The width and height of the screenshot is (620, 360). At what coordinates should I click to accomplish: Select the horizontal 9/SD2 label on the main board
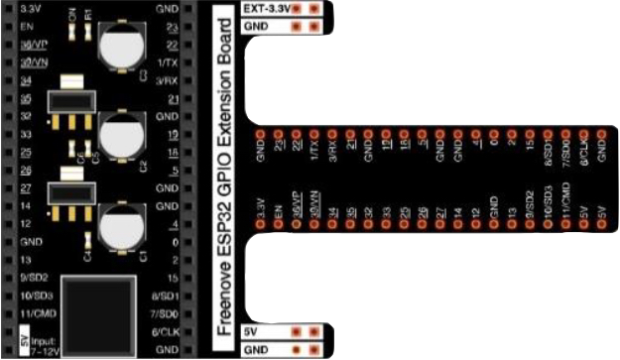click(36, 278)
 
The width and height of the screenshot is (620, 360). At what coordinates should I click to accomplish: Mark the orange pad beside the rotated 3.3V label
click(261, 225)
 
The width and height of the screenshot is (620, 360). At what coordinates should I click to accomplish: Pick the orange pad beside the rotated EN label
click(279, 225)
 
